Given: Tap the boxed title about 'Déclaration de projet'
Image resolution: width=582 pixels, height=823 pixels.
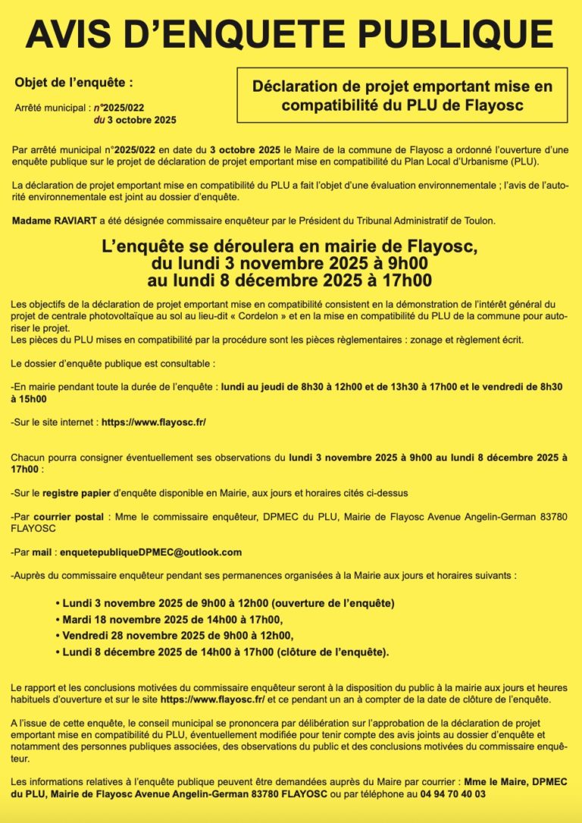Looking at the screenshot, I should [x=402, y=95].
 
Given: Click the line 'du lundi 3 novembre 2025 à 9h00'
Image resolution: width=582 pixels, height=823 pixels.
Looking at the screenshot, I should [x=290, y=264].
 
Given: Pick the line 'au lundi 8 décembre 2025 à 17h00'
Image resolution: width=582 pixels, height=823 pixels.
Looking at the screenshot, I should [x=290, y=281].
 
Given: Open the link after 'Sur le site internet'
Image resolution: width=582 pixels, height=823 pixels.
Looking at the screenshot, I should [x=153, y=422].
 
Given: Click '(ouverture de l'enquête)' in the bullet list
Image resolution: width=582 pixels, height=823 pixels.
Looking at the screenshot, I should [x=333, y=603].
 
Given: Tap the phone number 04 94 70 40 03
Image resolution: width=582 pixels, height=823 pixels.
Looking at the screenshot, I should [x=449, y=793].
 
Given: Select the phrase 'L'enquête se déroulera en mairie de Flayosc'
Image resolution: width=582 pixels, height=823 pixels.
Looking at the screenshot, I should [x=290, y=247].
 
